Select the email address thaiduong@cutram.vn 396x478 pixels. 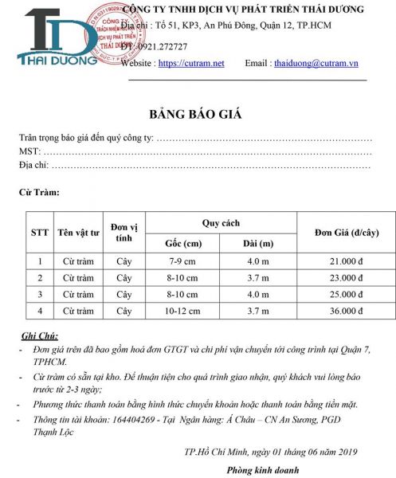[x=316, y=63]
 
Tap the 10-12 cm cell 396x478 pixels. [x=182, y=311]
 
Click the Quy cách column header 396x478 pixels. [x=221, y=223]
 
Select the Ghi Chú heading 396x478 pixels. [x=40, y=337]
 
